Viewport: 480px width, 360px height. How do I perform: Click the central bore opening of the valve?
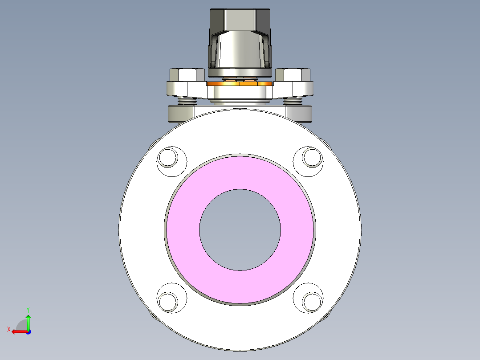(240, 229)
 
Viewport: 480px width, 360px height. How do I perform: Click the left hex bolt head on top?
(187, 75)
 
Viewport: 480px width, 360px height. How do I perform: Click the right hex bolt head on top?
(293, 75)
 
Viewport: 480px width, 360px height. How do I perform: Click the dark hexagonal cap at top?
(240, 20)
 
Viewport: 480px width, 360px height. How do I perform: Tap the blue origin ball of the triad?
(28, 331)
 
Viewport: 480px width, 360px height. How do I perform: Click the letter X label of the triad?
(8, 329)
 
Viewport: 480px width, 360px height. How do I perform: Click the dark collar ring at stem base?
(240, 72)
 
